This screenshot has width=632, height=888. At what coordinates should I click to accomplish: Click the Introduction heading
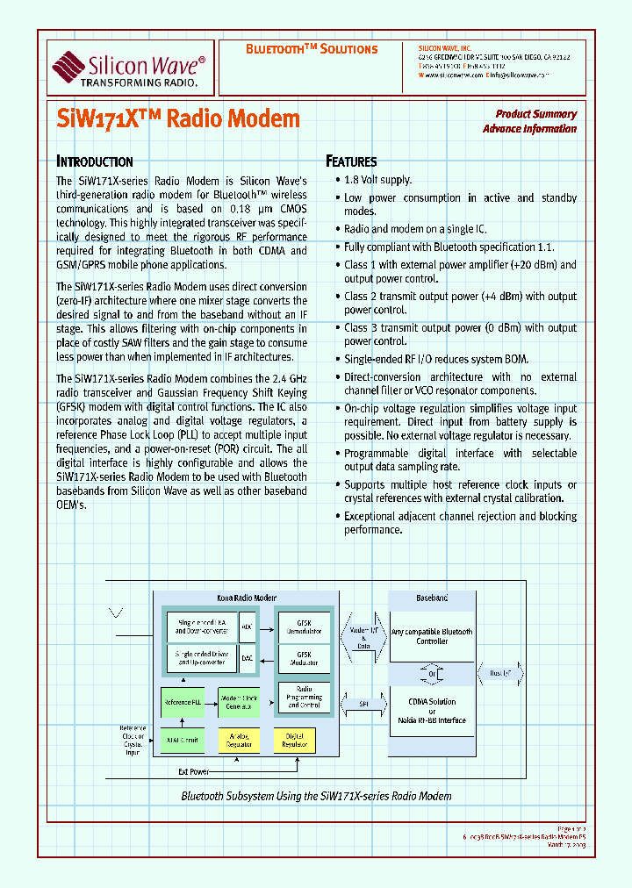[x=95, y=161]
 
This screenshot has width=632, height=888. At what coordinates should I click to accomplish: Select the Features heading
[x=351, y=161]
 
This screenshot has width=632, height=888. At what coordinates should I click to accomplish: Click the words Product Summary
[x=535, y=114]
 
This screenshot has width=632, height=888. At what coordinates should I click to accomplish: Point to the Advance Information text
[x=529, y=129]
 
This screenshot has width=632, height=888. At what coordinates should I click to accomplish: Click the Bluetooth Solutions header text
[x=311, y=49]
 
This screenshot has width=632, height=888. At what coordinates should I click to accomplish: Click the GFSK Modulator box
[x=304, y=659]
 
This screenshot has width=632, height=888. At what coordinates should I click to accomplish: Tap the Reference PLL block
[x=183, y=703]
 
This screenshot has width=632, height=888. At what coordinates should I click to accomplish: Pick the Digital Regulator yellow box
[x=295, y=741]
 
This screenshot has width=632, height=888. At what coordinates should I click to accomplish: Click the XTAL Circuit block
[x=183, y=741]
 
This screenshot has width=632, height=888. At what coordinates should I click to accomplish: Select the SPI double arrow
[x=363, y=703]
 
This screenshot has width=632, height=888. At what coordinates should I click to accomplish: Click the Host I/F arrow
[x=501, y=673]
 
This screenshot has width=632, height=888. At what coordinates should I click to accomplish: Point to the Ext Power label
[x=195, y=773]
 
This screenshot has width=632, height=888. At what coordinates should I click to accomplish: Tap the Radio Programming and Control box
[x=304, y=698]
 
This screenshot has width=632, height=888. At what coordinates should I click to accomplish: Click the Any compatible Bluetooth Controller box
[x=432, y=636]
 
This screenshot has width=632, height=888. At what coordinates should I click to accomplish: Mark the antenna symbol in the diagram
[x=115, y=611]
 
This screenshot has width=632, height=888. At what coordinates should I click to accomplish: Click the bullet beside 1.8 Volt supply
[x=337, y=180]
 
